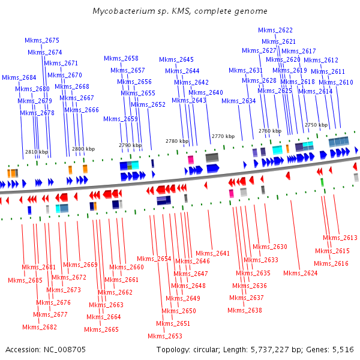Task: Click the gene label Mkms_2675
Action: coord(42,40)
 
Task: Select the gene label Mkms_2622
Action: coord(275,30)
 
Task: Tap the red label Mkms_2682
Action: coord(40,327)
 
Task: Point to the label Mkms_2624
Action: coord(300,273)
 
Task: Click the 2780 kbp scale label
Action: coord(176,141)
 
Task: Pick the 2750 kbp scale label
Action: coord(316,125)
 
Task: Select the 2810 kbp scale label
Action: coord(37,152)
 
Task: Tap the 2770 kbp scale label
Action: coord(223,136)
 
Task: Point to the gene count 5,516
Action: coord(343,349)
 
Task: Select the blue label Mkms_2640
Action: coord(205,92)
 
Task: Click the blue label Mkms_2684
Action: coord(19,77)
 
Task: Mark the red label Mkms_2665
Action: coord(101,329)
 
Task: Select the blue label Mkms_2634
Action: coord(238,101)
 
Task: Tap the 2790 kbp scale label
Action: coord(130,145)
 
